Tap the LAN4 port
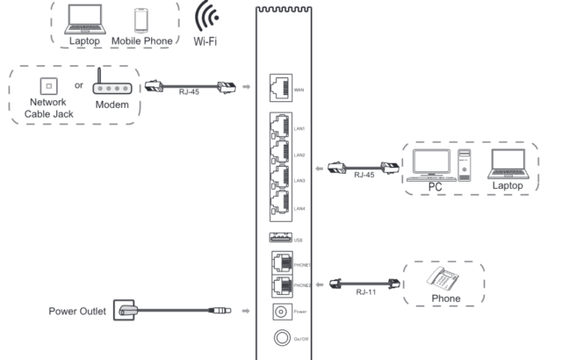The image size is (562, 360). pyautogui.click(x=277, y=206)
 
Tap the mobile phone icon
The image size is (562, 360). pyautogui.click(x=140, y=19)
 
